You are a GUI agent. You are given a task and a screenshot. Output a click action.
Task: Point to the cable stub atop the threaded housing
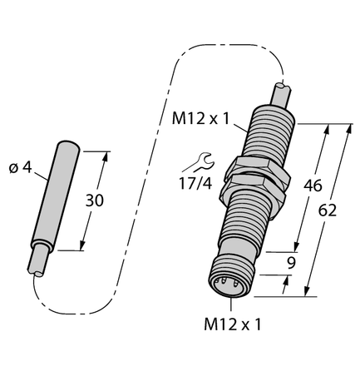pos(279,92)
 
